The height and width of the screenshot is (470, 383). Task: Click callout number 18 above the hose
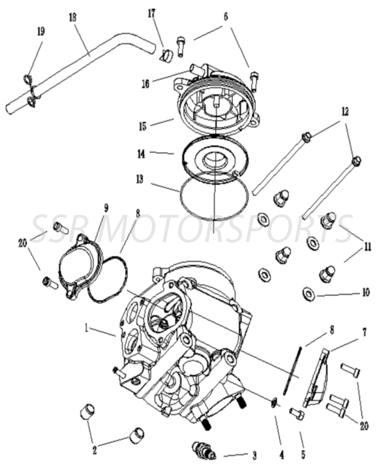pos(73,17)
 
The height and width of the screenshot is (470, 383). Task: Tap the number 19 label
pos(40,32)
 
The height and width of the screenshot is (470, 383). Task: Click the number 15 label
pos(143,126)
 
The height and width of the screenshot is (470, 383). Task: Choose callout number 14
pos(141,154)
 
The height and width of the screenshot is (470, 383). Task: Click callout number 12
pos(344,111)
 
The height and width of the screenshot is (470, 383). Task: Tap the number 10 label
pos(365,293)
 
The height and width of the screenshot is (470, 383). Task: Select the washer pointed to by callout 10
pos(308,294)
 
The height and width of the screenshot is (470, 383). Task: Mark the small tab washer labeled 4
pos(274,403)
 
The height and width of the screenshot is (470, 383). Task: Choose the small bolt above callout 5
pos(297,414)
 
